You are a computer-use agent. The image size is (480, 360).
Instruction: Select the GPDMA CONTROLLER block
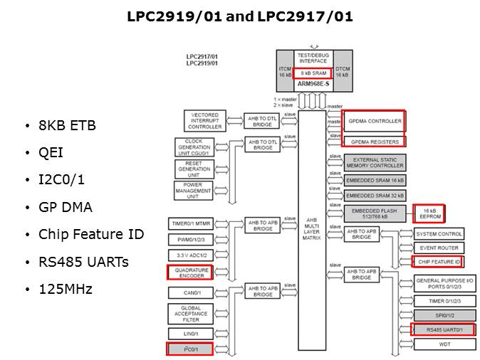(x=375, y=121)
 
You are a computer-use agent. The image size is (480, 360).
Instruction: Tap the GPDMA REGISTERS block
(x=375, y=142)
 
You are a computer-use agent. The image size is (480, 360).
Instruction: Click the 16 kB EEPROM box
(x=429, y=214)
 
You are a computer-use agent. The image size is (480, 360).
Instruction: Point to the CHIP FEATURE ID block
(x=439, y=262)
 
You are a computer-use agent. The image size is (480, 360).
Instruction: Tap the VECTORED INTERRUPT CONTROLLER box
(x=205, y=120)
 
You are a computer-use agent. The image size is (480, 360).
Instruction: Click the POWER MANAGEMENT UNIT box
(x=193, y=190)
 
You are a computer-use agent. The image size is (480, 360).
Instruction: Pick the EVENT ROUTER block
(x=439, y=248)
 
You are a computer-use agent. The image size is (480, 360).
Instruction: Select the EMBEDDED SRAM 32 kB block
(x=375, y=195)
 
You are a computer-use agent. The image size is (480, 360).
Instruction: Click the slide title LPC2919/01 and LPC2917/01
(x=239, y=16)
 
